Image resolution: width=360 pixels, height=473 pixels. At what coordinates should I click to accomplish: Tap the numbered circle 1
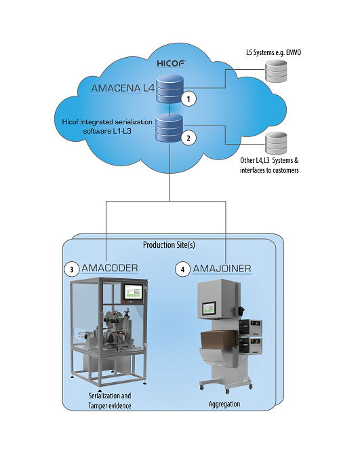tap(191, 99)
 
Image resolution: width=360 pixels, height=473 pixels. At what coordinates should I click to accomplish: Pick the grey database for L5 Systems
tap(275, 71)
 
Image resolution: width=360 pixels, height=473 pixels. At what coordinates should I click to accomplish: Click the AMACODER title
tap(110, 269)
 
